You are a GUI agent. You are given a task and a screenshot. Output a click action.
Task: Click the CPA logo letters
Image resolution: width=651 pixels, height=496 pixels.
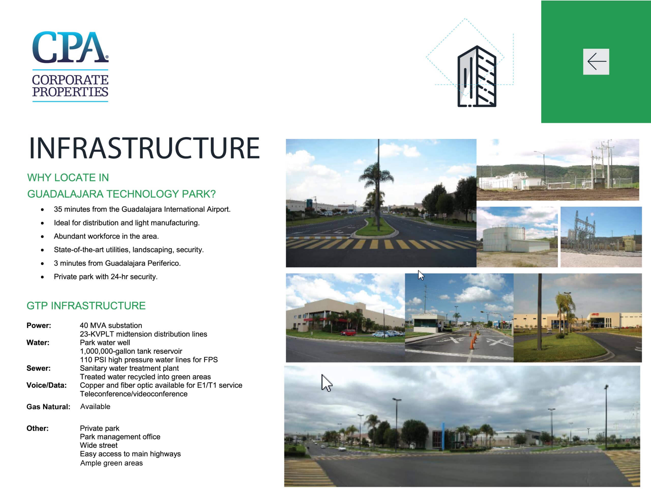70,47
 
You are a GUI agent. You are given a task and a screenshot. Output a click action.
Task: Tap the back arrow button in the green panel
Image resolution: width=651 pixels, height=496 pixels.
596,61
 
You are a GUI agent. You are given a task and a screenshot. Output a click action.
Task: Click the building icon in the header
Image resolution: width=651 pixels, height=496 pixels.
477,76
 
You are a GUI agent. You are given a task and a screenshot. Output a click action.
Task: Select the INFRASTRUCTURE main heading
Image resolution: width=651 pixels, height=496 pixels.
144,148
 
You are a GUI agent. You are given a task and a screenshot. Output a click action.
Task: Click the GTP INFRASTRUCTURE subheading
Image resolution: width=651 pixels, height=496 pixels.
86,306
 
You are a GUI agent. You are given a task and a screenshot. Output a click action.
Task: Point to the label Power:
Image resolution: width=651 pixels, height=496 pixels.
39,325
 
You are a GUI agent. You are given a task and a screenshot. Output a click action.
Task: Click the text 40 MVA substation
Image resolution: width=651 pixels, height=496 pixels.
111,325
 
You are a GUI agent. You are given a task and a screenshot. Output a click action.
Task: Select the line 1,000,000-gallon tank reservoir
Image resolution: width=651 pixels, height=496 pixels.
131,351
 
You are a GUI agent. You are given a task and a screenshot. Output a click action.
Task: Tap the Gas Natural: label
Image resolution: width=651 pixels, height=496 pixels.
48,407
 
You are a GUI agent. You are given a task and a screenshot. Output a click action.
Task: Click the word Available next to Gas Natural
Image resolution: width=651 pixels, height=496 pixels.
95,406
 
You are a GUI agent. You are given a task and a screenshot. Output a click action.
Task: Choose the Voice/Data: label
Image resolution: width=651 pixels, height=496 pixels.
47,385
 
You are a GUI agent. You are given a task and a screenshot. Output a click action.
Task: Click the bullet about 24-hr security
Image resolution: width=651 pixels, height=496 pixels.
106,277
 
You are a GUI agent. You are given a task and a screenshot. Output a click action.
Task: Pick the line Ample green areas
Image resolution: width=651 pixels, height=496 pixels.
111,463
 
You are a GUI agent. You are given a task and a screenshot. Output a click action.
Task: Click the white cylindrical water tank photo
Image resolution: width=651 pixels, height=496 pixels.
517,237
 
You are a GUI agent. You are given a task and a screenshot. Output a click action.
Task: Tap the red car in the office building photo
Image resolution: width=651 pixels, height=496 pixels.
348,332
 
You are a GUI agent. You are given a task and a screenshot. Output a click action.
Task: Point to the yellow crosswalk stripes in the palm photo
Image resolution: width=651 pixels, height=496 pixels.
381,244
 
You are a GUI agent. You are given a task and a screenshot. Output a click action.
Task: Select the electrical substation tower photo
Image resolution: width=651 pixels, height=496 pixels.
601,237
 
